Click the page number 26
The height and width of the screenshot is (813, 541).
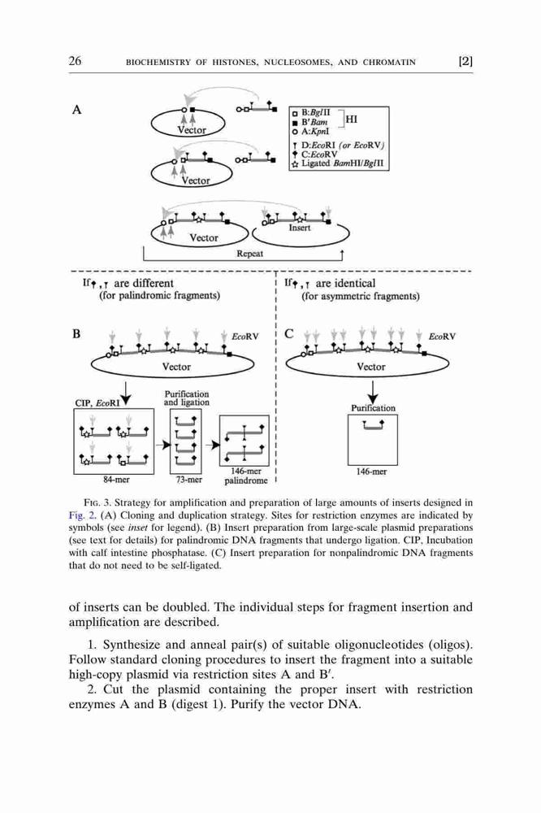tap(75, 61)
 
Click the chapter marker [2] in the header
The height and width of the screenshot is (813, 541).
tap(465, 61)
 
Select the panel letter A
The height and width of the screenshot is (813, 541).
tap(76, 110)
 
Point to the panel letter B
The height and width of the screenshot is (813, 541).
tap(76, 333)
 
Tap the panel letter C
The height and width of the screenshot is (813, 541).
tap(289, 333)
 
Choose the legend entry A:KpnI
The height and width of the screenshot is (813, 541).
tap(310, 132)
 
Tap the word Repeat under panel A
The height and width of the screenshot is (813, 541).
tap(249, 254)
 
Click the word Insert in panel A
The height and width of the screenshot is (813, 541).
tap(300, 228)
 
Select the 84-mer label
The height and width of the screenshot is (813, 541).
tap(116, 480)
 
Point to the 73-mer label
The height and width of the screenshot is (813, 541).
tap(188, 480)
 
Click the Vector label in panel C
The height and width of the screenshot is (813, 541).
tap(371, 367)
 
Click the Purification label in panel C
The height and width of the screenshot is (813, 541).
tap(373, 408)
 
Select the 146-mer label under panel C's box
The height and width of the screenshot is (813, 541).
tap(371, 472)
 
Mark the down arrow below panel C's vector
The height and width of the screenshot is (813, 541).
tap(372, 392)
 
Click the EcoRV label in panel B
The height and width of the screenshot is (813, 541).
tap(245, 337)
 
